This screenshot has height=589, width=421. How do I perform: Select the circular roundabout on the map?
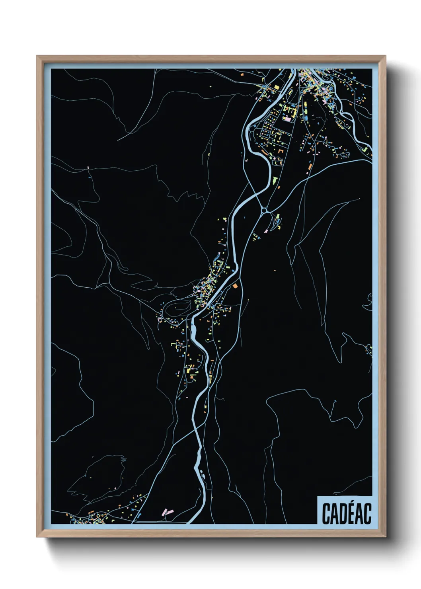(264, 210)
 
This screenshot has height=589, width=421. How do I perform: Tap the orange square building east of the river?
(235, 285)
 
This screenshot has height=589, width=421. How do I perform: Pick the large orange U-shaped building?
(282, 152)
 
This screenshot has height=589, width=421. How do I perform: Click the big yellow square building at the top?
(276, 87)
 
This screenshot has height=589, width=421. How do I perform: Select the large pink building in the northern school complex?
(288, 119)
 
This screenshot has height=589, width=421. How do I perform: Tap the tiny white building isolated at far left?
(88, 168)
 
